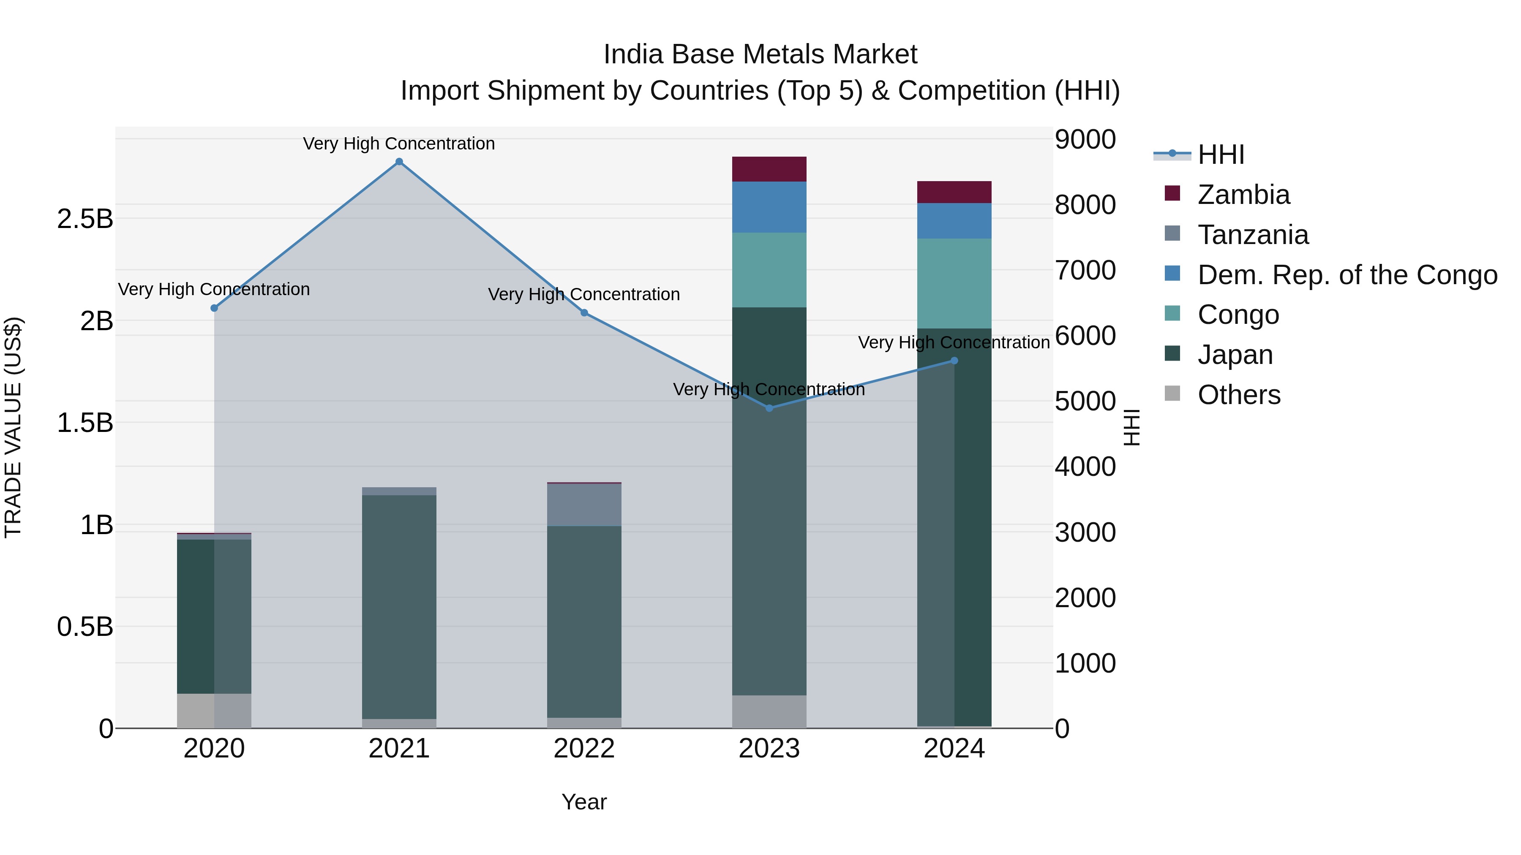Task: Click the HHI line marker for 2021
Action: pyautogui.click(x=399, y=162)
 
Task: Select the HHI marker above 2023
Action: pyautogui.click(x=769, y=408)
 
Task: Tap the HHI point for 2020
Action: pyautogui.click(x=214, y=308)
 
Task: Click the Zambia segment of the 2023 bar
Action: pyautogui.click(x=769, y=169)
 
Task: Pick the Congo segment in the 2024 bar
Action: pyautogui.click(x=954, y=283)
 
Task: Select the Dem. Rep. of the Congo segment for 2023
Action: pyautogui.click(x=769, y=207)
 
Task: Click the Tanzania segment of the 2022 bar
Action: pyautogui.click(x=584, y=505)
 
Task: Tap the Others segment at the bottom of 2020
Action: pyautogui.click(x=214, y=711)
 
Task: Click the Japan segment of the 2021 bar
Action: pyautogui.click(x=399, y=607)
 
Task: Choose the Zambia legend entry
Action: pyautogui.click(x=1243, y=195)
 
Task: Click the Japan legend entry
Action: pyautogui.click(x=1234, y=355)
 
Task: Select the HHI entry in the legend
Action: pyautogui.click(x=1221, y=155)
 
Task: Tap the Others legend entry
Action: pyautogui.click(x=1238, y=395)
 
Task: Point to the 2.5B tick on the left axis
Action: pyautogui.click(x=85, y=219)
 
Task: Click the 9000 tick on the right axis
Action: pyautogui.click(x=1085, y=140)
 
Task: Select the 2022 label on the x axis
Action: pyautogui.click(x=584, y=749)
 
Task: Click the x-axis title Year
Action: pyautogui.click(x=584, y=802)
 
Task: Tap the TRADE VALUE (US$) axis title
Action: pyautogui.click(x=14, y=427)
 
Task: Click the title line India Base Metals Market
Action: pyautogui.click(x=760, y=54)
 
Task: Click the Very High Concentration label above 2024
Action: pyautogui.click(x=954, y=342)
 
